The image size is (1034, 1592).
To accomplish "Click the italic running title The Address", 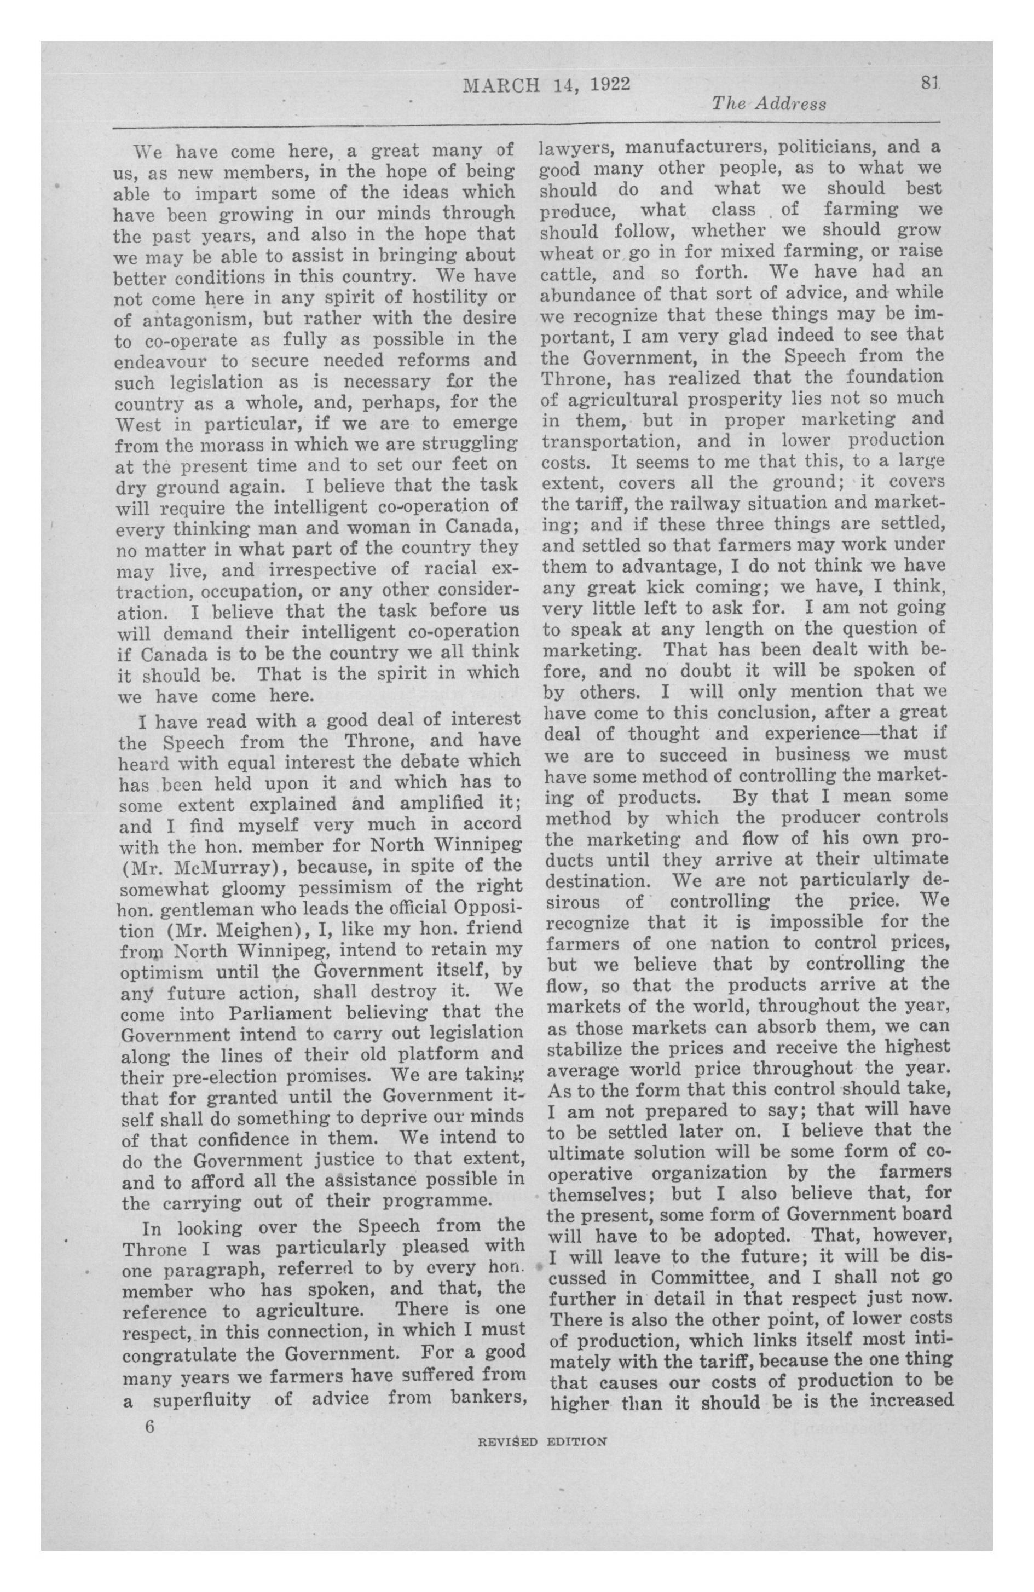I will coord(769,103).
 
